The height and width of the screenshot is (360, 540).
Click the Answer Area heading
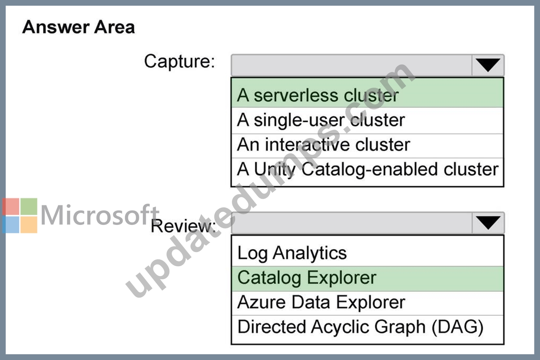click(x=79, y=27)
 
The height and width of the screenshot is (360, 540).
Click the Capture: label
click(x=179, y=62)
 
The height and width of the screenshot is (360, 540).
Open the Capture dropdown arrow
click(x=488, y=65)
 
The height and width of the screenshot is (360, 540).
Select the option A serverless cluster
click(x=318, y=95)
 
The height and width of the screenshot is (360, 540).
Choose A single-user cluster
click(x=321, y=120)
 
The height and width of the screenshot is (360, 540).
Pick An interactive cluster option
click(x=324, y=144)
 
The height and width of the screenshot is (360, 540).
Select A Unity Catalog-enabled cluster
click(x=368, y=169)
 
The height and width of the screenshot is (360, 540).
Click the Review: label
click(x=183, y=226)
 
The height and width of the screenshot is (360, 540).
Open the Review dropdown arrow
click(x=488, y=223)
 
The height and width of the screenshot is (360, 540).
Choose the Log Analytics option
click(x=292, y=253)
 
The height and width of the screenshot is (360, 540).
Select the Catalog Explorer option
click(x=307, y=278)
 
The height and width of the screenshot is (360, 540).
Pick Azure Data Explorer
click(x=321, y=302)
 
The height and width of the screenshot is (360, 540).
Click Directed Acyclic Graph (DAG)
click(x=361, y=327)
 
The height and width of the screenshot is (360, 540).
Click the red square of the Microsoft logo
click(x=11, y=207)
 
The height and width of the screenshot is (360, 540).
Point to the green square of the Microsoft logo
click(x=29, y=207)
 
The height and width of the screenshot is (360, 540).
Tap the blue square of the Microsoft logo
click(x=11, y=224)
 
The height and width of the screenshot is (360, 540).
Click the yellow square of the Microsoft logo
click(x=29, y=224)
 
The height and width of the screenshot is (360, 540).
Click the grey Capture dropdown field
click(x=352, y=65)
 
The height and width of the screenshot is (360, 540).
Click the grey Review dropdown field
click(x=352, y=223)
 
